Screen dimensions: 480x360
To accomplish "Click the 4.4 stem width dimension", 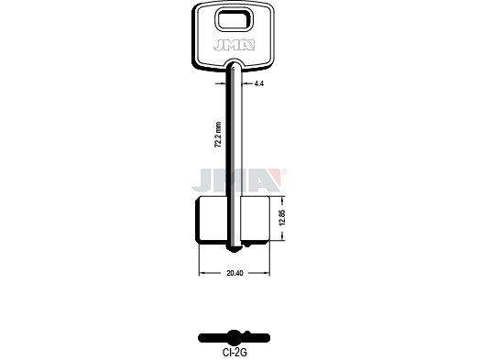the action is point(258,83).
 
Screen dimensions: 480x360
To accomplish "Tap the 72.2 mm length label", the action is point(218,136).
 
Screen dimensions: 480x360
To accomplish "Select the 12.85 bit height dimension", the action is point(282,218).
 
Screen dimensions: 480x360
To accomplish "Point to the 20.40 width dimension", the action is point(235,273).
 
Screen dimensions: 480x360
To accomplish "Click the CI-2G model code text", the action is point(235,353).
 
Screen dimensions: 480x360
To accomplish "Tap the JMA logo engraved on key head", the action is point(235,45).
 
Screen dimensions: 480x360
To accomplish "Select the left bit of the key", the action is point(212,220).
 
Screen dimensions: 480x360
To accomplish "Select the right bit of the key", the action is point(256,220).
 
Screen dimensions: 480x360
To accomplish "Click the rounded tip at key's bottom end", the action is point(235,249).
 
